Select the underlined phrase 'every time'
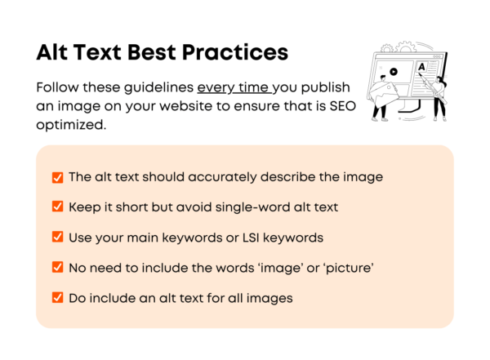click(x=225, y=87)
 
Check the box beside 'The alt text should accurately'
click(x=57, y=177)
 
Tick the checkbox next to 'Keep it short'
click(x=57, y=207)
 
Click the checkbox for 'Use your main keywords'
click(x=57, y=238)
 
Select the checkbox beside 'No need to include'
click(x=57, y=268)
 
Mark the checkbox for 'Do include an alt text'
click(x=57, y=298)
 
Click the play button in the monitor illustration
click(x=394, y=72)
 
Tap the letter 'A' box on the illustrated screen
click(x=421, y=67)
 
